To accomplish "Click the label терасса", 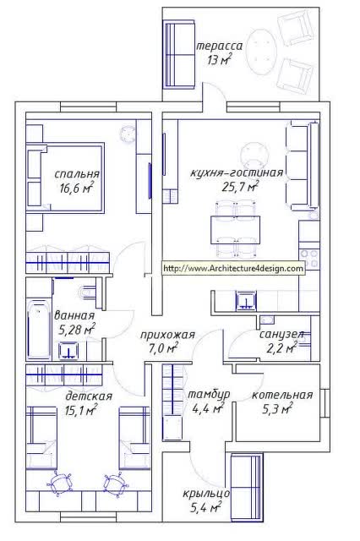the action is click(220, 46).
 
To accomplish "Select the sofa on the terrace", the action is click(179, 54).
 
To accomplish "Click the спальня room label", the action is click(77, 174).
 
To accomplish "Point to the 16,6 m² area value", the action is click(77, 189).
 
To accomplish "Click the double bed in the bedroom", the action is click(65, 178).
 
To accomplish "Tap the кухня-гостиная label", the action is click(237, 172).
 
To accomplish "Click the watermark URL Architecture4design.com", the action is click(233, 268).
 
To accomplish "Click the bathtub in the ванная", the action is click(39, 329).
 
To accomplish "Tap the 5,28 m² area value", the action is click(77, 330).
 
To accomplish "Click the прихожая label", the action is click(167, 335).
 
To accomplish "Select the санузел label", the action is click(281, 334).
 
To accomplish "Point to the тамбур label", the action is click(209, 395).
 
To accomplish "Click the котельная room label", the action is click(282, 395).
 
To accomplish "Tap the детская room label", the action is click(89, 396).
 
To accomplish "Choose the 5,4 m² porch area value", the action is click(206, 507).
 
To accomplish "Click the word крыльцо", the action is click(206, 494).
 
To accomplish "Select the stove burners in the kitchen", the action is click(309, 258).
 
